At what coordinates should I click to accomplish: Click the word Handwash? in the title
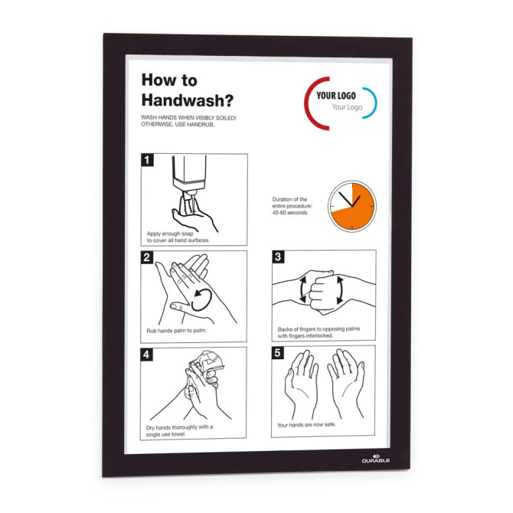pyautogui.click(x=188, y=100)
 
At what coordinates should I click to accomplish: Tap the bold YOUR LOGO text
pyautogui.click(x=336, y=96)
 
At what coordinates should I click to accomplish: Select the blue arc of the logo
pyautogui.click(x=371, y=103)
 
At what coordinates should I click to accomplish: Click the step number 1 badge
pyautogui.click(x=147, y=160)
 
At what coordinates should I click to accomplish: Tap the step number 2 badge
pyautogui.click(x=147, y=257)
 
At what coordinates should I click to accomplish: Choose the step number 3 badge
pyautogui.click(x=278, y=256)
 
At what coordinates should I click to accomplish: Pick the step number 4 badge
pyautogui.click(x=146, y=355)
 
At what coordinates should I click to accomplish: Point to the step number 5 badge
pyautogui.click(x=277, y=353)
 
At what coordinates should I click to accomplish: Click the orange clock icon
pyautogui.click(x=352, y=206)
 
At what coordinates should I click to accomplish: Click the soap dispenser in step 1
pyautogui.click(x=189, y=178)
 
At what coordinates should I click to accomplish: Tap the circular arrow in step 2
pyautogui.click(x=201, y=299)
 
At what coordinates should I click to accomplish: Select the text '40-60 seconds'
pyautogui.click(x=289, y=213)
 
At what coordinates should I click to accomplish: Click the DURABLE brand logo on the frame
pyautogui.click(x=376, y=459)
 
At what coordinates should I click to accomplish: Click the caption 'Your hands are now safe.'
pyautogui.click(x=306, y=425)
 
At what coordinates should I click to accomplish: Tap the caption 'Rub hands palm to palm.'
pyautogui.click(x=177, y=331)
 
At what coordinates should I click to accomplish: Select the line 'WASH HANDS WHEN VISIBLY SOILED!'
pyautogui.click(x=188, y=117)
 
